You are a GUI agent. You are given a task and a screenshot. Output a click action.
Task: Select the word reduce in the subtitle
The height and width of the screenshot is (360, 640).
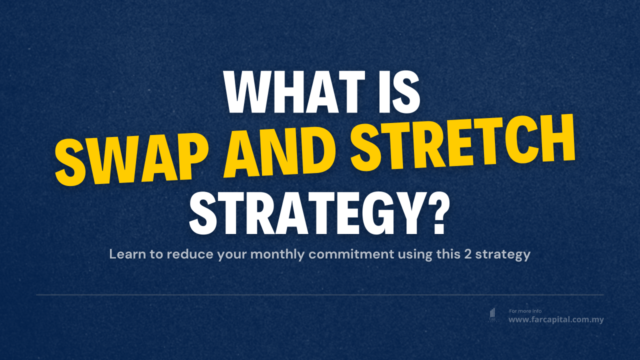[190, 254]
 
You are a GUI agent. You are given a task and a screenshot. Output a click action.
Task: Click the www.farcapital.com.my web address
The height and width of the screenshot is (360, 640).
[556, 319]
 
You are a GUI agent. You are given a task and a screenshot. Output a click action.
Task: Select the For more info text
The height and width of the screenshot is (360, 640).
[525, 311]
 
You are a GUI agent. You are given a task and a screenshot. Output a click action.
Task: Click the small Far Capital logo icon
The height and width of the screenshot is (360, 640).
[492, 314]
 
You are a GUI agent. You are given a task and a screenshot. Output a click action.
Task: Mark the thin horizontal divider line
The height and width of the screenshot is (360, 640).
[320, 295]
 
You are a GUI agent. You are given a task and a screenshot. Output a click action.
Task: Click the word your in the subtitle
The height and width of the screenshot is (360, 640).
[232, 254]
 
